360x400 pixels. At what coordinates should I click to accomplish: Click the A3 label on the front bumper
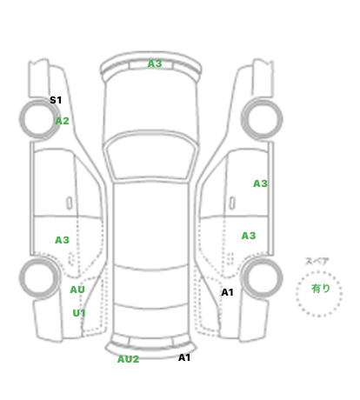click(155, 63)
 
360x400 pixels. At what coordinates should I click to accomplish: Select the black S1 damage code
click(56, 100)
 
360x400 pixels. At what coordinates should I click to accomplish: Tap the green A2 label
click(63, 121)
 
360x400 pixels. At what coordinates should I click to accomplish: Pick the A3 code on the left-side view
click(62, 240)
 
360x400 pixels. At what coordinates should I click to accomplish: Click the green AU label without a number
click(77, 290)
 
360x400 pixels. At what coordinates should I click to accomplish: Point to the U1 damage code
click(79, 313)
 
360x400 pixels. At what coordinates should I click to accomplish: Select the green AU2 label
click(128, 359)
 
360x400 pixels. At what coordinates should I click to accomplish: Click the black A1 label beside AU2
click(184, 357)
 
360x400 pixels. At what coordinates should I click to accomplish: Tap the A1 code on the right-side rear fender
click(227, 292)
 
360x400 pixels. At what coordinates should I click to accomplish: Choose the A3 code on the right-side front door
click(260, 183)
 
